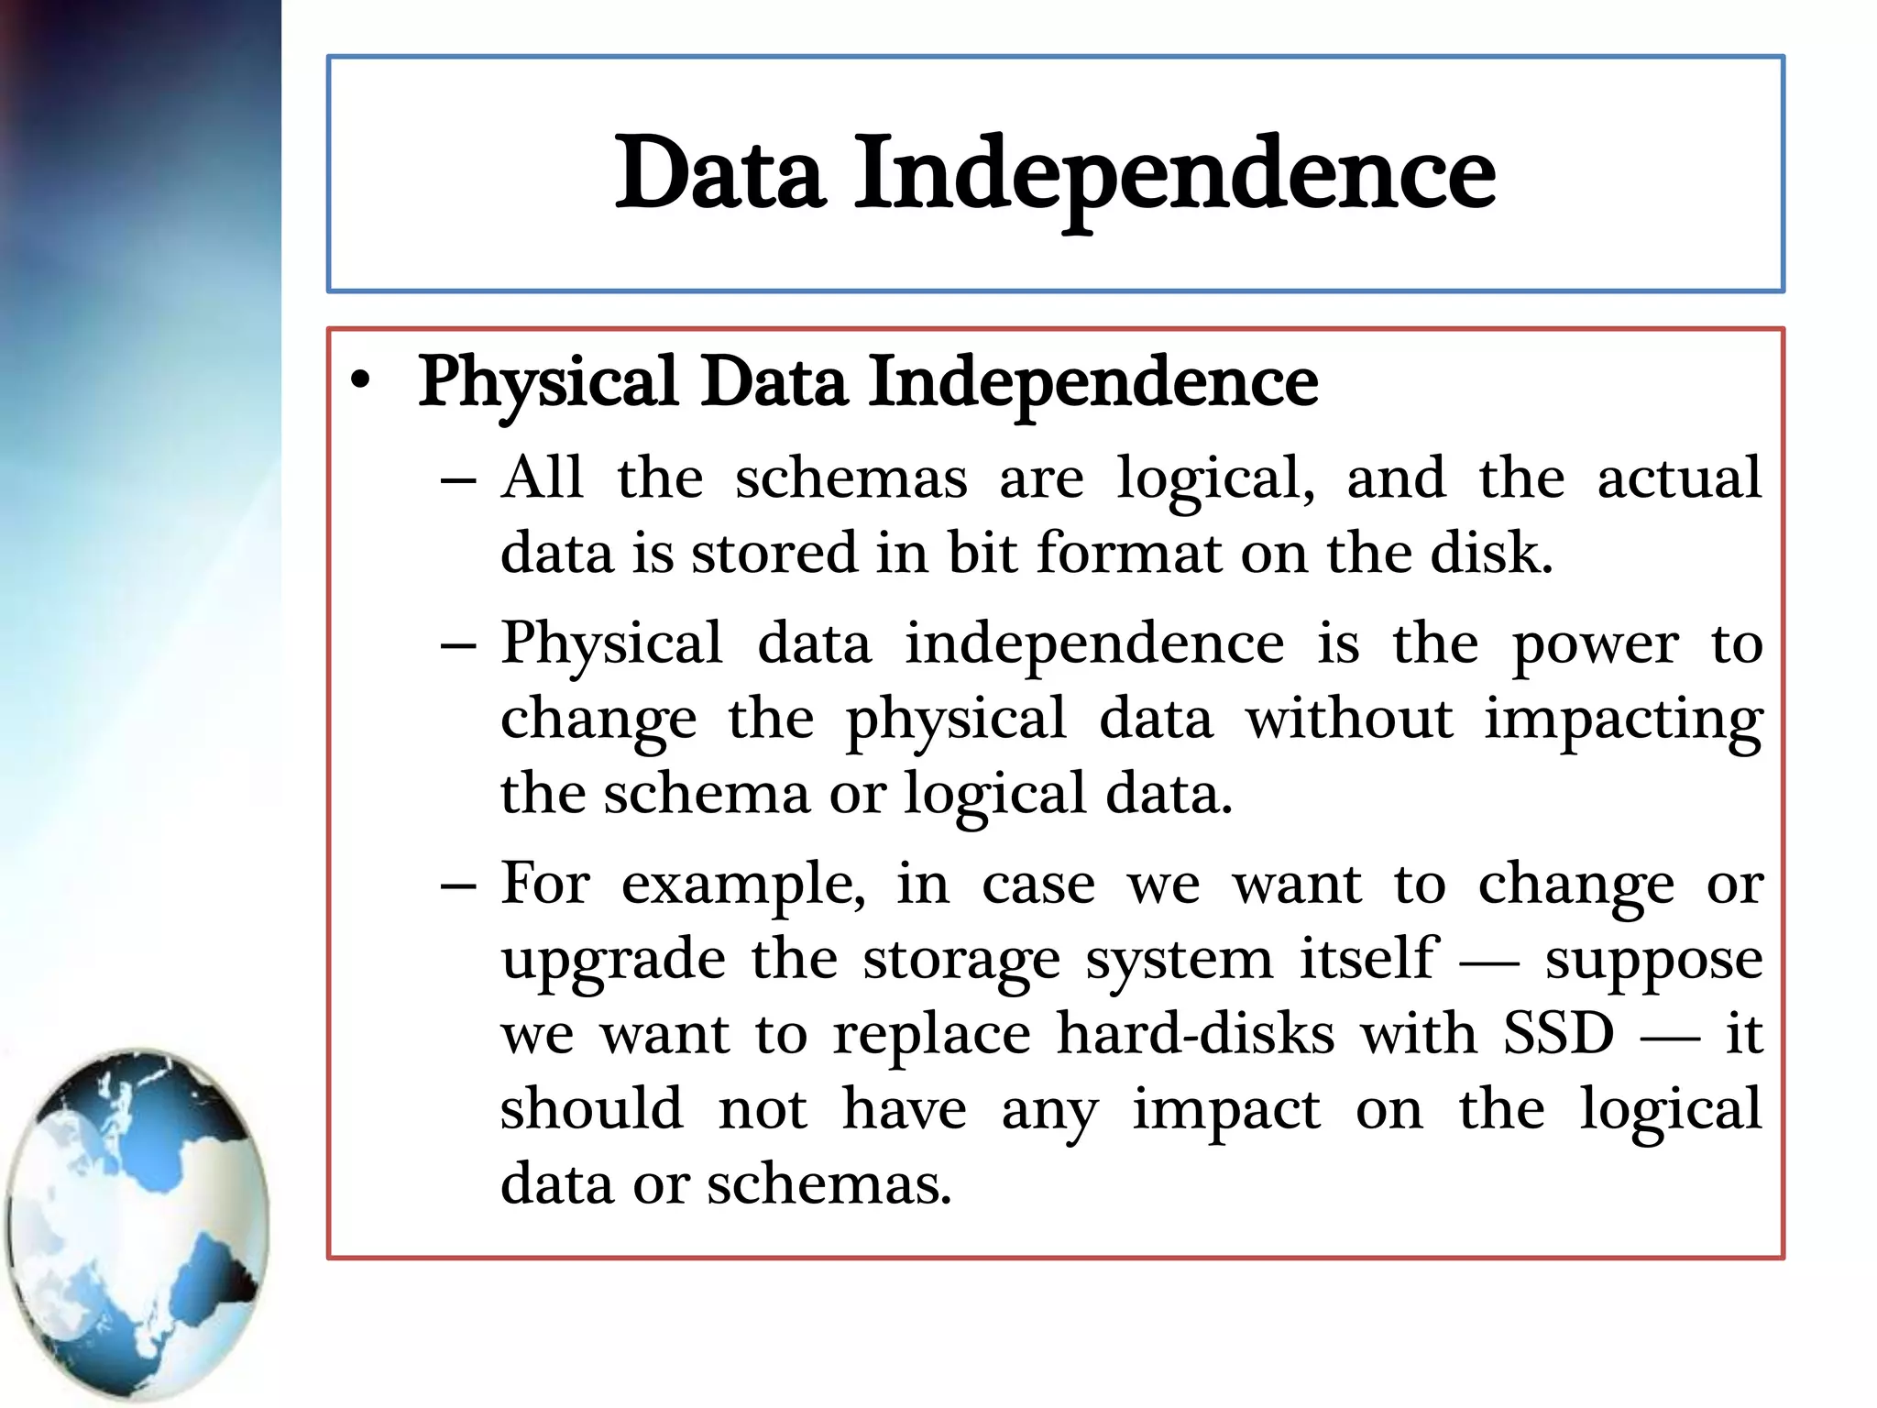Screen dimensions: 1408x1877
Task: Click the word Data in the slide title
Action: pos(719,172)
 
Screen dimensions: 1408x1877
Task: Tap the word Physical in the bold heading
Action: pos(548,383)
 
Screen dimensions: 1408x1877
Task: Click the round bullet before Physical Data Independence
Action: pos(362,381)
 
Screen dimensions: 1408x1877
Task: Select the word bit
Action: pos(982,553)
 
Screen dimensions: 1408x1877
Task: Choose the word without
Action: pos(1349,718)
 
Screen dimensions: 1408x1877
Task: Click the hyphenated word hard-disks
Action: pos(1195,1034)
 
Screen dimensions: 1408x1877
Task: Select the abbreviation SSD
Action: pos(1558,1034)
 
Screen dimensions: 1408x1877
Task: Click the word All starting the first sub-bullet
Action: pos(542,478)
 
